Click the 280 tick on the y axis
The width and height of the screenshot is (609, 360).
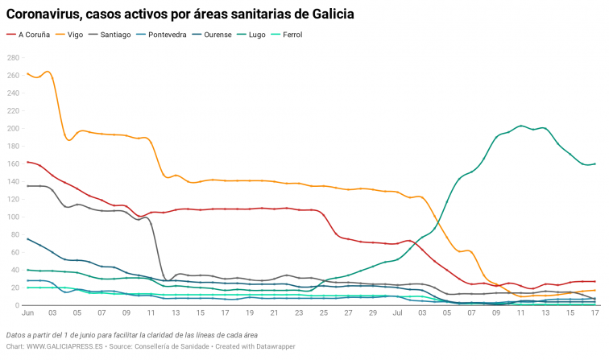point(13,58)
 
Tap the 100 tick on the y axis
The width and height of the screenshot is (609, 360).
point(13,217)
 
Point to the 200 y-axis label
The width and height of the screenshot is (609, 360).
point(13,129)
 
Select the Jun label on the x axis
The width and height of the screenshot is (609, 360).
point(28,312)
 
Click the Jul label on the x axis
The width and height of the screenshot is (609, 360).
point(396,312)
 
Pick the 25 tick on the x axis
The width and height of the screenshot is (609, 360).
point(324,312)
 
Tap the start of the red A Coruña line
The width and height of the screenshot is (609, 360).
point(28,162)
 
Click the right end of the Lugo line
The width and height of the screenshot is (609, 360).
point(594,163)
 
